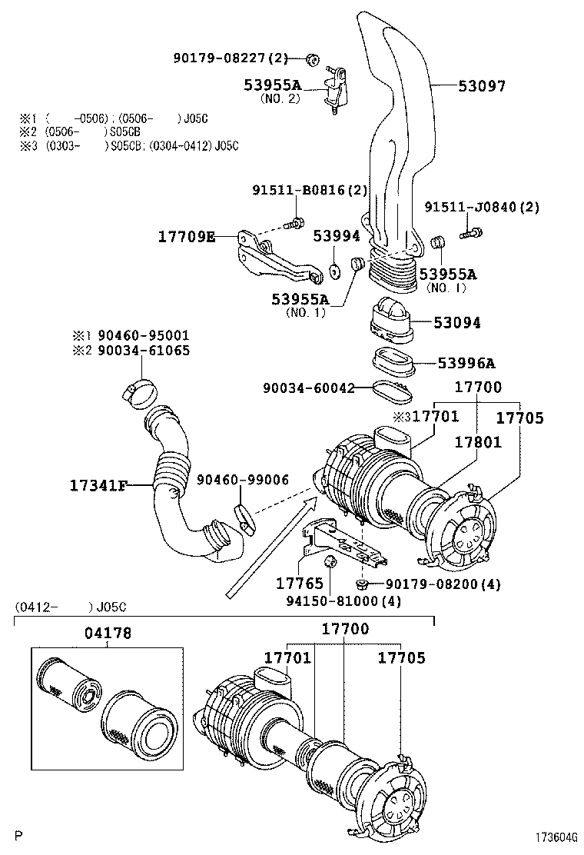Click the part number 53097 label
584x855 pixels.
click(x=482, y=87)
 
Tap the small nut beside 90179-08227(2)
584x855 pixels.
click(x=312, y=59)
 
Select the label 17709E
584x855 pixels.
click(x=187, y=237)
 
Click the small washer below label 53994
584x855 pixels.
click(x=335, y=271)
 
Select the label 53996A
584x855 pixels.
click(x=466, y=363)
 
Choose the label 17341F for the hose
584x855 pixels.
click(x=98, y=485)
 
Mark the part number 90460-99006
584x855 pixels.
click(x=242, y=480)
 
